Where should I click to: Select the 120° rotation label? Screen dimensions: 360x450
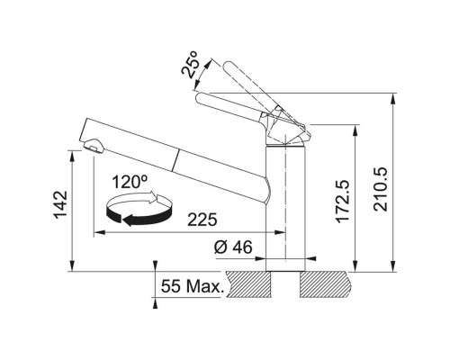pyautogui.click(x=132, y=182)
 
